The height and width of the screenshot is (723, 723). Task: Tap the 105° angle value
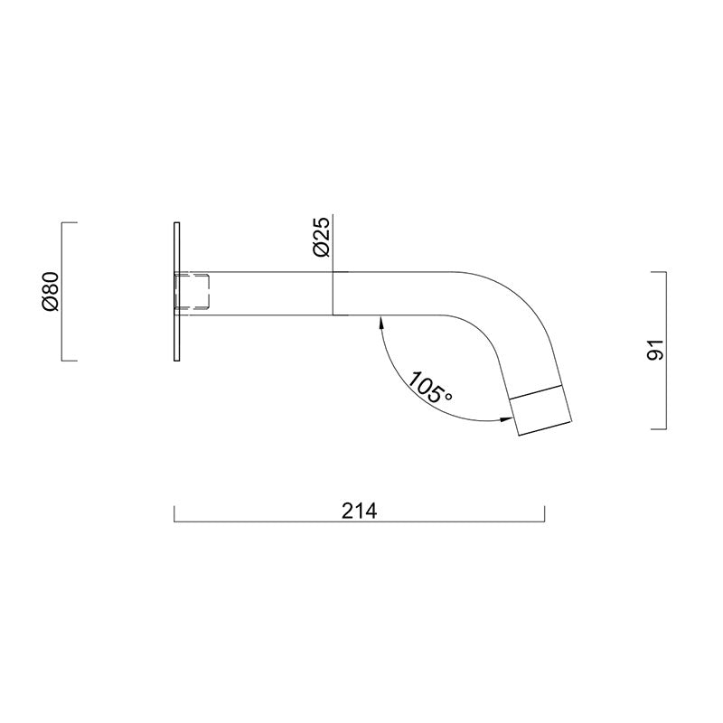(x=427, y=388)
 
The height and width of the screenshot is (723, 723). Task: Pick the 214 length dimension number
(x=359, y=511)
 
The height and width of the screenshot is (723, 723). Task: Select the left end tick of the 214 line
(x=174, y=512)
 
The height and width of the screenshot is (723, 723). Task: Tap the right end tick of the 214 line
(x=545, y=512)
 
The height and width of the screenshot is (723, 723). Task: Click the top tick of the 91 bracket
(x=659, y=271)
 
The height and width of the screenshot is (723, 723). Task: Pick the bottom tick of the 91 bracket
(x=659, y=427)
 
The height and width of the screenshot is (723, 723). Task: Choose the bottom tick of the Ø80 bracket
(x=69, y=360)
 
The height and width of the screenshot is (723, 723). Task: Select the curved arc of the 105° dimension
(x=398, y=384)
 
